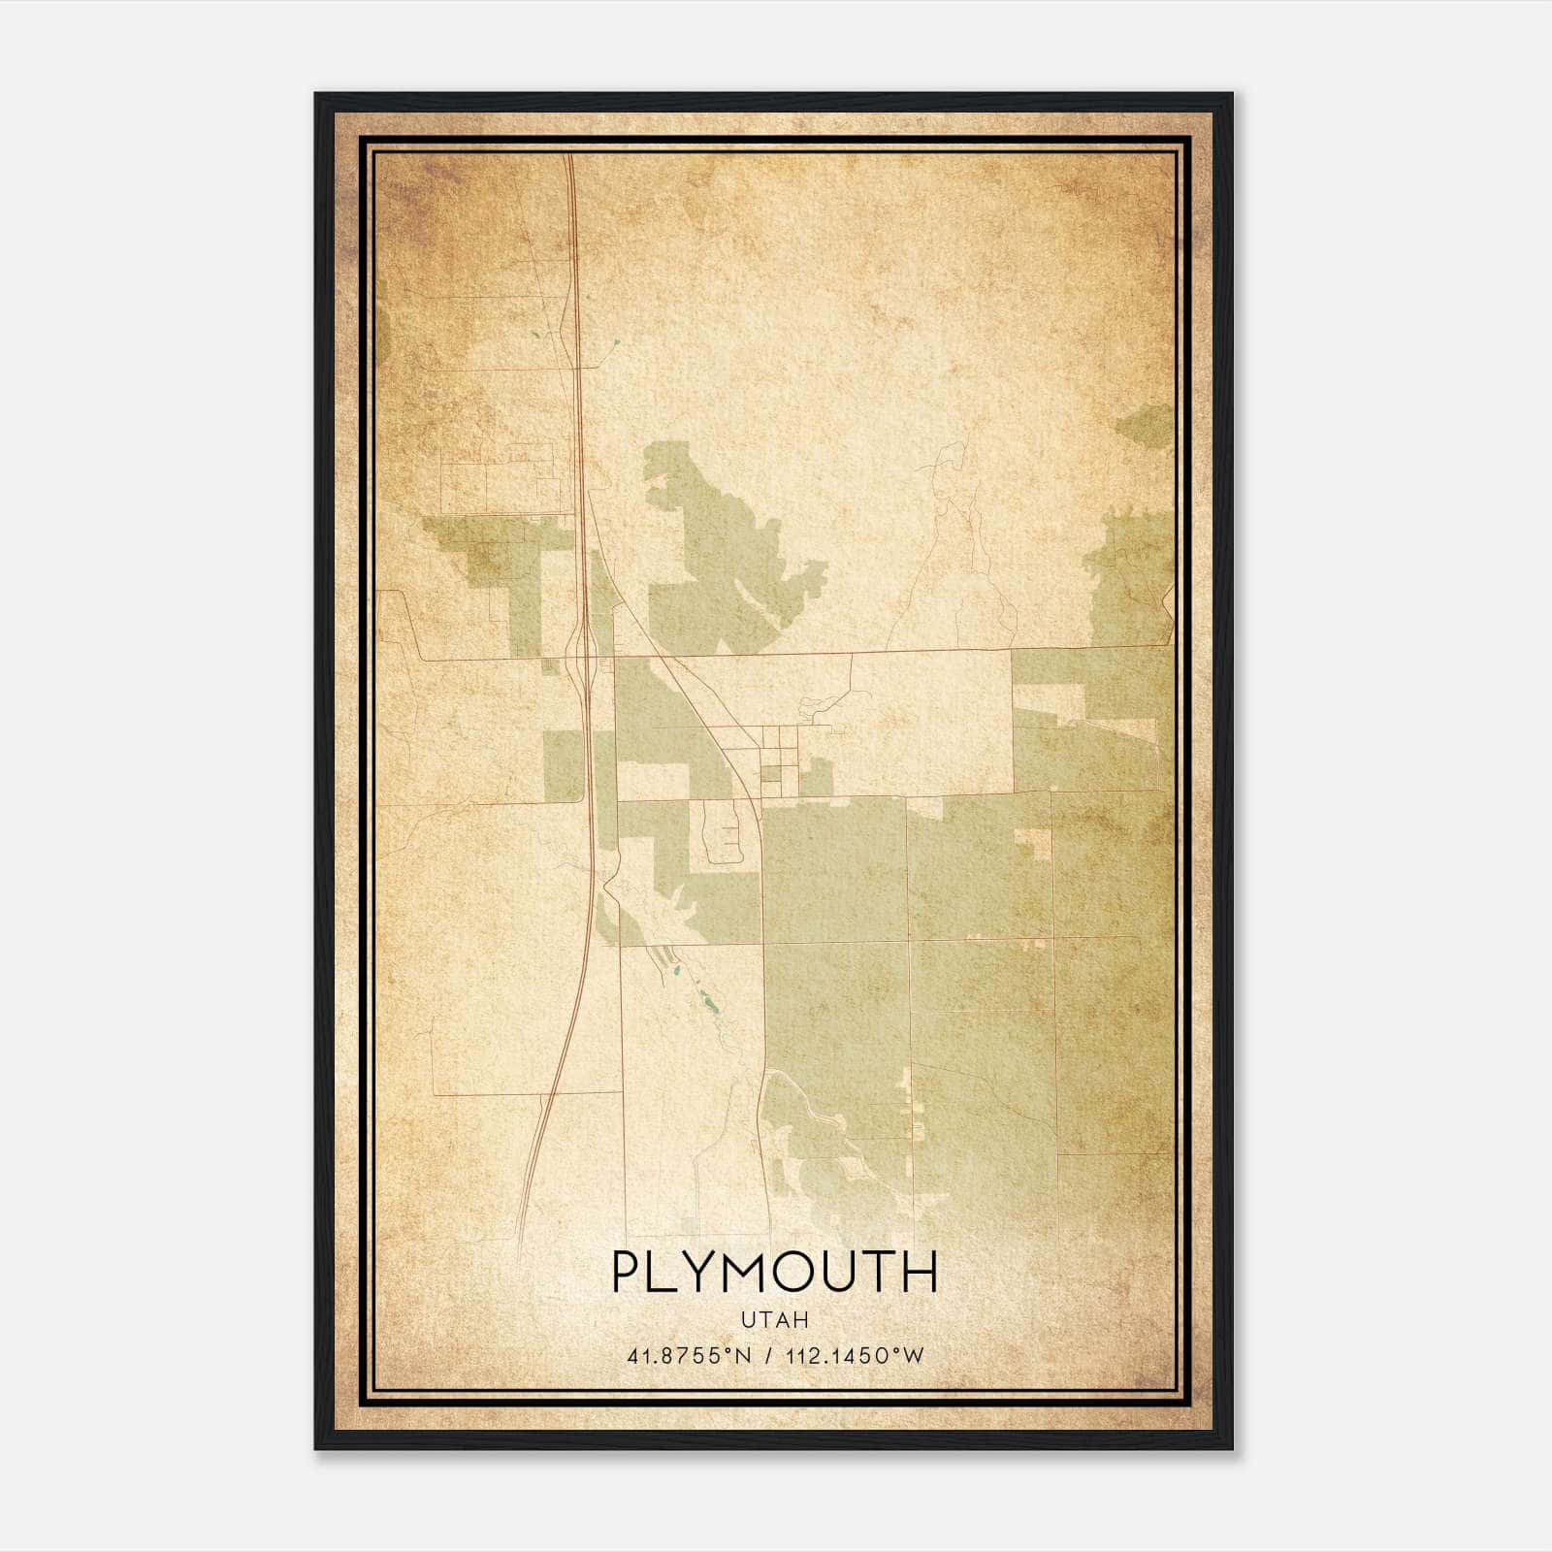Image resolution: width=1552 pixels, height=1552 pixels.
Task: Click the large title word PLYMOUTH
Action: [x=774, y=1272]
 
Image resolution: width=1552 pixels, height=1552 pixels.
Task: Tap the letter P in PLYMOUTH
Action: [x=627, y=1272]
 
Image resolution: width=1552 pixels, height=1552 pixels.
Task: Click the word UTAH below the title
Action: [x=774, y=1319]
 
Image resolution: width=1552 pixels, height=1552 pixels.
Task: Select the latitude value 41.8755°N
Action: [x=689, y=1356]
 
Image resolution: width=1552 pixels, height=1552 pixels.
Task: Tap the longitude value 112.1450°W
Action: [x=859, y=1356]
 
